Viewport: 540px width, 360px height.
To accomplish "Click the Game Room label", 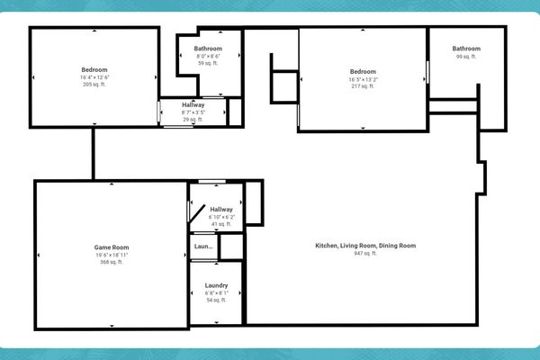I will [x=112, y=247].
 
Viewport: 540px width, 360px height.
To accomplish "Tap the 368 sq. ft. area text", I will [x=112, y=263].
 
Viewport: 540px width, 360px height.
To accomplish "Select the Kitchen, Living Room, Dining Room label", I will [x=365, y=246].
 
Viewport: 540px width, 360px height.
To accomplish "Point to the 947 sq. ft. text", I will [x=365, y=254].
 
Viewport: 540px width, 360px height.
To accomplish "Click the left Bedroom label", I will [x=94, y=70].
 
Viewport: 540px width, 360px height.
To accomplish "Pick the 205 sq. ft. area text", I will [x=94, y=85].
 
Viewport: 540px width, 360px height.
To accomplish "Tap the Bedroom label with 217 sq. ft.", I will [x=363, y=71].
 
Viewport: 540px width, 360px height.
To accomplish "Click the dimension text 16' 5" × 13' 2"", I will [x=363, y=79].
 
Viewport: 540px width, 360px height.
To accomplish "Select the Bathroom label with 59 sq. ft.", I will [x=209, y=48].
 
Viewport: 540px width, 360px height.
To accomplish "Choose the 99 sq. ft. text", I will [x=466, y=57].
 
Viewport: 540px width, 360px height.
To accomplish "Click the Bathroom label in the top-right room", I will [x=466, y=49].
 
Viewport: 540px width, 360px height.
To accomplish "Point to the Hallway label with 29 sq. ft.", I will [x=193, y=104].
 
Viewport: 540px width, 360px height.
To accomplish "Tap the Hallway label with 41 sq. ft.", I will [x=221, y=210].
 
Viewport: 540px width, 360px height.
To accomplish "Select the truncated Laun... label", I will [x=204, y=247].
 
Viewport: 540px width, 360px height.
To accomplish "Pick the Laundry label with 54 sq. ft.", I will [x=216, y=285].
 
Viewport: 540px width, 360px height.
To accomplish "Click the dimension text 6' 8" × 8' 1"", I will [x=216, y=292].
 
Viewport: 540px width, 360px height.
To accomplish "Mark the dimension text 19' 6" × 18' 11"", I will [x=112, y=255].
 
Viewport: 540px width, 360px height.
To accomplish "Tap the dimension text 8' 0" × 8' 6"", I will [x=209, y=56].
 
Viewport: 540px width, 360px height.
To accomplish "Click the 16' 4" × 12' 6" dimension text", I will [x=94, y=78].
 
